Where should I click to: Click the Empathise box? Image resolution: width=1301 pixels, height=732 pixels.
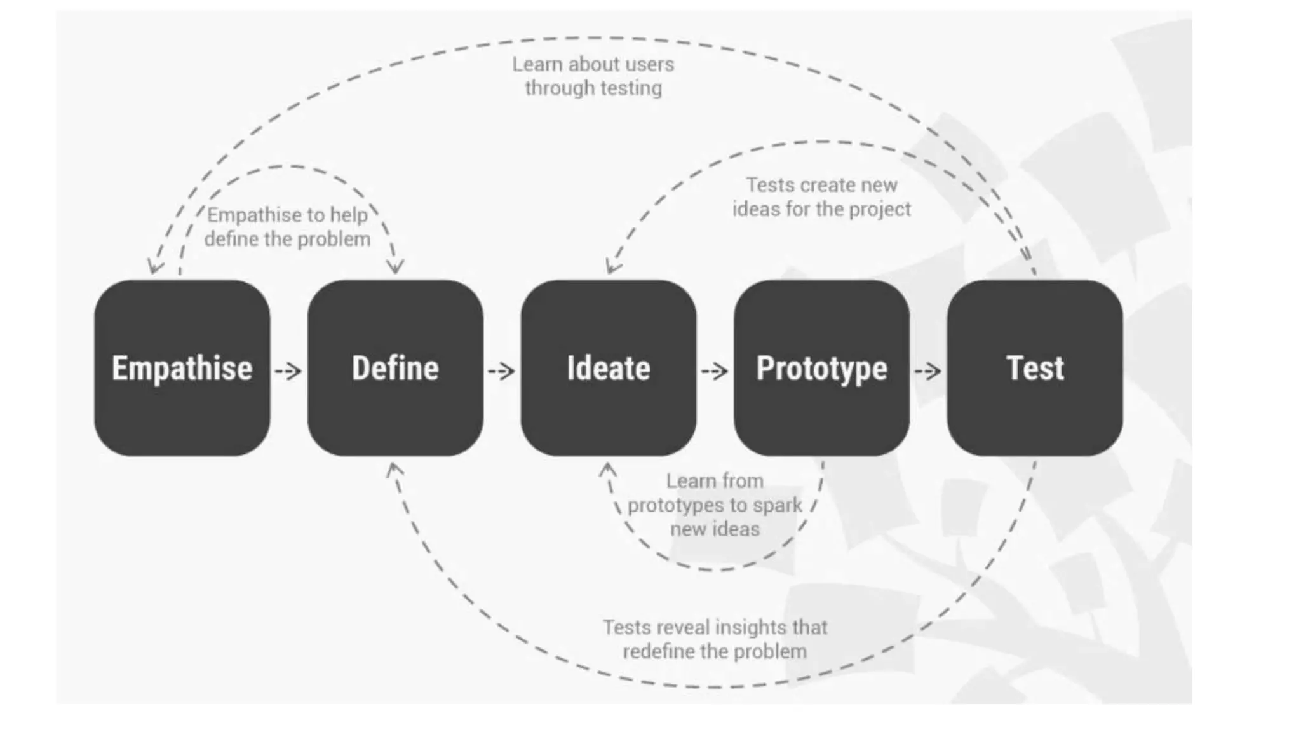coord(182,368)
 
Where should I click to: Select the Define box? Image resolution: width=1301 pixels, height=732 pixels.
coord(395,368)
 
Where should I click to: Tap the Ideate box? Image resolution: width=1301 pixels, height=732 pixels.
coord(608,368)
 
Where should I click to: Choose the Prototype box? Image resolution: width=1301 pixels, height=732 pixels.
coord(821,368)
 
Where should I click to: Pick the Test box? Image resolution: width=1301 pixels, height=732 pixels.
coord(1034,368)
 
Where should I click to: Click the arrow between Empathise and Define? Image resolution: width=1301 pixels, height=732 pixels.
coord(288,370)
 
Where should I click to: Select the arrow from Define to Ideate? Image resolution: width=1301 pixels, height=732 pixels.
coord(502,370)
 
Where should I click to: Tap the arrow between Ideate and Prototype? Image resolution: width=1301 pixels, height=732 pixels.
coord(715,370)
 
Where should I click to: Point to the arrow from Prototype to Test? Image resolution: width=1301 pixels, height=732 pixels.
coord(928,370)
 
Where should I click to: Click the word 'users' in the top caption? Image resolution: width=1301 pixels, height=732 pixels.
coord(649,64)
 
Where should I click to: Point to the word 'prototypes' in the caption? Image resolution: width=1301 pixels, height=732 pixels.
coord(671,505)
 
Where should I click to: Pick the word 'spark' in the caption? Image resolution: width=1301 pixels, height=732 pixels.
coord(777,505)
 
